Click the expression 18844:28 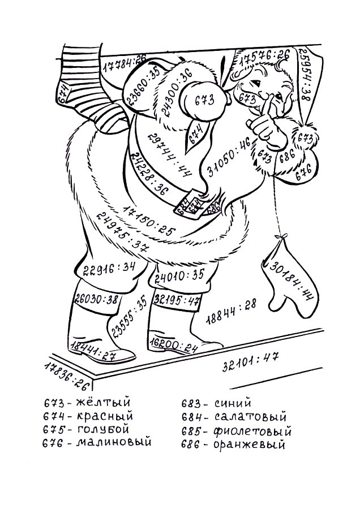pos(231,309)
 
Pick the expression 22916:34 pos(109,268)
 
